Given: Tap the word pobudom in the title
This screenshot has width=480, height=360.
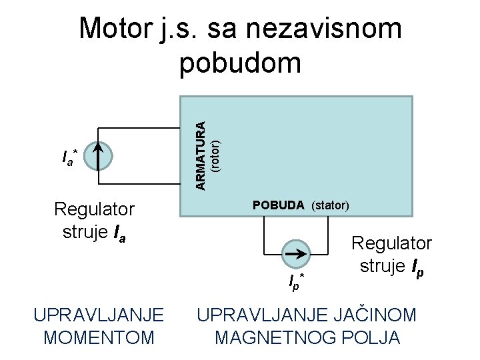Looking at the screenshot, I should pyautogui.click(x=240, y=63).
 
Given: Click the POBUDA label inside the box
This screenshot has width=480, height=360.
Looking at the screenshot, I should pyautogui.click(x=279, y=205).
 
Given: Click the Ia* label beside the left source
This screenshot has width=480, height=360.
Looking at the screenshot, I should pyautogui.click(x=69, y=158).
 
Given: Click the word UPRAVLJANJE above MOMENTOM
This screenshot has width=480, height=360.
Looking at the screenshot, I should pyautogui.click(x=99, y=315).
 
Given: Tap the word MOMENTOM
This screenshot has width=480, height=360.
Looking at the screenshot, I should pyautogui.click(x=99, y=337).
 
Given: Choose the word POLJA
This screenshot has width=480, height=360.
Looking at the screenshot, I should pyautogui.click(x=373, y=337).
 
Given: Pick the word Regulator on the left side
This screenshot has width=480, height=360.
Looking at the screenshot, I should pyautogui.click(x=94, y=209).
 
